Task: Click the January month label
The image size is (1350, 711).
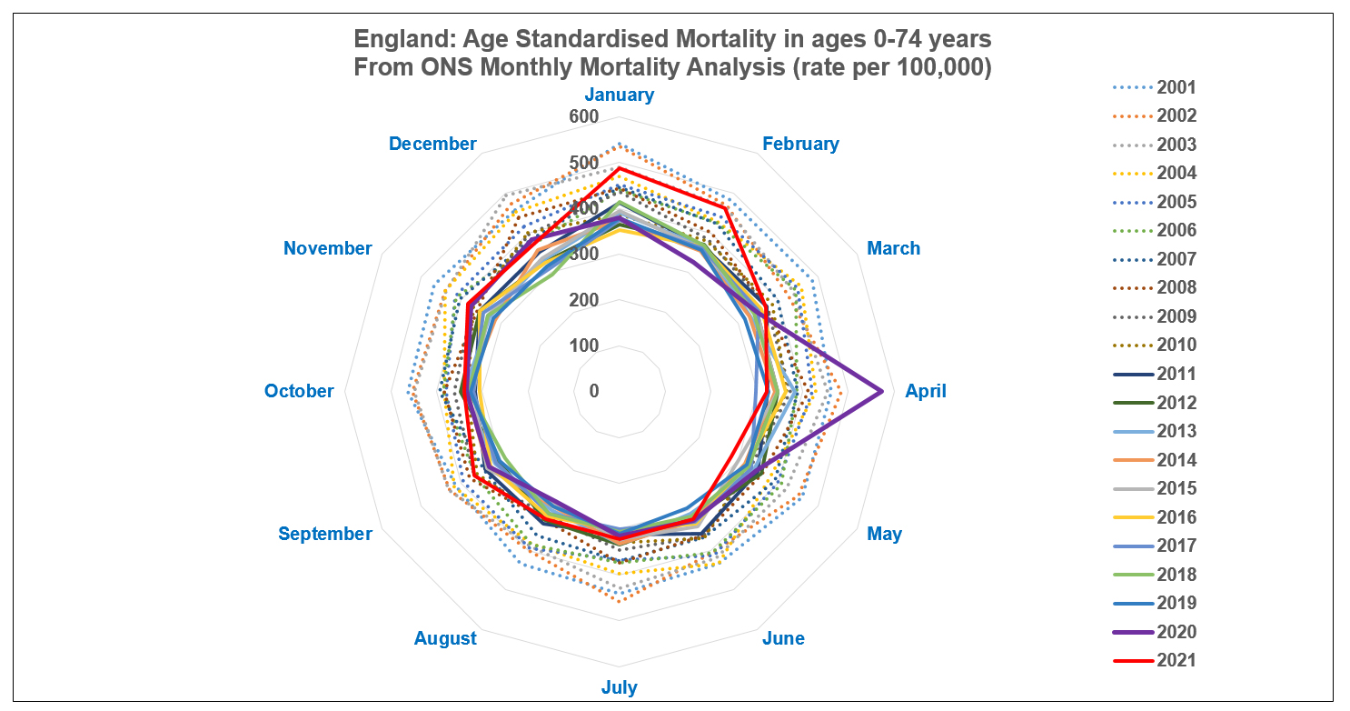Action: click(x=619, y=95)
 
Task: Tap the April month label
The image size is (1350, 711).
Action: click(x=926, y=391)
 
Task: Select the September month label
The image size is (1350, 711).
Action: click(x=325, y=534)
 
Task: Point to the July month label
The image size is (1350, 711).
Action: click(x=619, y=687)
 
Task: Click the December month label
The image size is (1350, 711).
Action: click(x=432, y=144)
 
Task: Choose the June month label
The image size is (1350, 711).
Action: click(x=783, y=638)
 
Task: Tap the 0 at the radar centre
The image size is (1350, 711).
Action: click(x=594, y=391)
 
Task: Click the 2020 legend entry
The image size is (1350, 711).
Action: click(x=1176, y=632)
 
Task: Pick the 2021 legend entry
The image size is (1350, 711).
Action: click(x=1176, y=660)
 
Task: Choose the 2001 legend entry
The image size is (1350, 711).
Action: click(x=1176, y=88)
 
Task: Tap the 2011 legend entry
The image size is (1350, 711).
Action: click(x=1176, y=374)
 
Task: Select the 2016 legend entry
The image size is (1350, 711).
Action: click(x=1176, y=517)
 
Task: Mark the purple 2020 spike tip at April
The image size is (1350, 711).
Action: click(x=882, y=391)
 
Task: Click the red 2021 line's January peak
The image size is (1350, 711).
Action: click(x=619, y=168)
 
